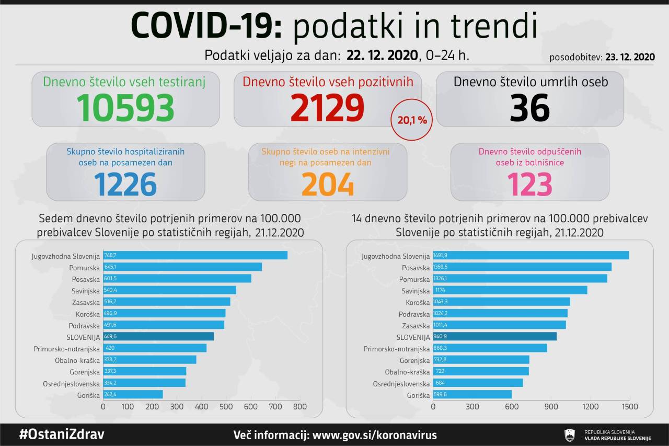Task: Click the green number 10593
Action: coord(125,107)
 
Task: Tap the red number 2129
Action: coord(327,107)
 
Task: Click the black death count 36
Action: coord(529,107)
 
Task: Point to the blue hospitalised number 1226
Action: coord(125,184)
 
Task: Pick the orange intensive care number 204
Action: coord(328,184)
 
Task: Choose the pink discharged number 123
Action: coord(529,184)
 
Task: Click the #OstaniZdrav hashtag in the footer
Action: coord(62,434)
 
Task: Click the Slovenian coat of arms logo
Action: coord(569,435)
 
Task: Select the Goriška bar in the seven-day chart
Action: coord(133,394)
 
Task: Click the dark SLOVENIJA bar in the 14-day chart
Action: coord(494,336)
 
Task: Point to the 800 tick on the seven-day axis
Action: coord(299,406)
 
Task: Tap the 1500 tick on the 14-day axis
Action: coord(630,406)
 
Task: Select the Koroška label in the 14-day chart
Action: coord(418,302)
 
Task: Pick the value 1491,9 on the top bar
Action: coord(441,255)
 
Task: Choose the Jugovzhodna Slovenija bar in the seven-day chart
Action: coord(195,255)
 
